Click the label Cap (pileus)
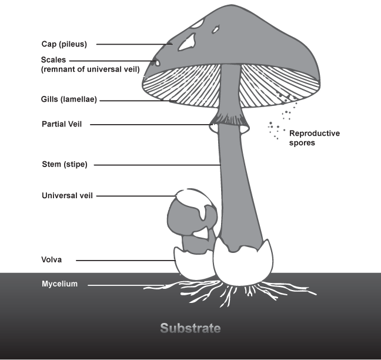pos(64,44)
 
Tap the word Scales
pos(54,60)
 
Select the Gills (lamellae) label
pos(69,99)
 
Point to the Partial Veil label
pos(62,124)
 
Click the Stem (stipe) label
pos(65,164)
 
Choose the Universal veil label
pos(67,196)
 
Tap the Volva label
pos(52,259)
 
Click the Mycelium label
pos(59,284)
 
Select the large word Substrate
pos(190,328)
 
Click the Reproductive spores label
pos(315,138)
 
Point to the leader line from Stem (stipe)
pos(157,165)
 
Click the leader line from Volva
pos(126,261)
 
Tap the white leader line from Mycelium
pos(126,285)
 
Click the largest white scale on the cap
pos(187,42)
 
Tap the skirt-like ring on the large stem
pos(229,122)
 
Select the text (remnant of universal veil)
pos(91,69)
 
